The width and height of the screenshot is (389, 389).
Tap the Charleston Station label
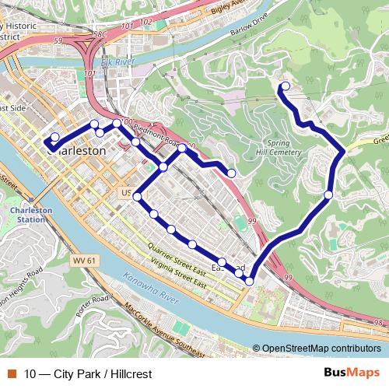pos(26,215)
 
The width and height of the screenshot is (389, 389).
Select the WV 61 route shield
pos(82,259)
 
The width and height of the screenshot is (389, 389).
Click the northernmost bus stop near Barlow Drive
pos(285,86)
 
